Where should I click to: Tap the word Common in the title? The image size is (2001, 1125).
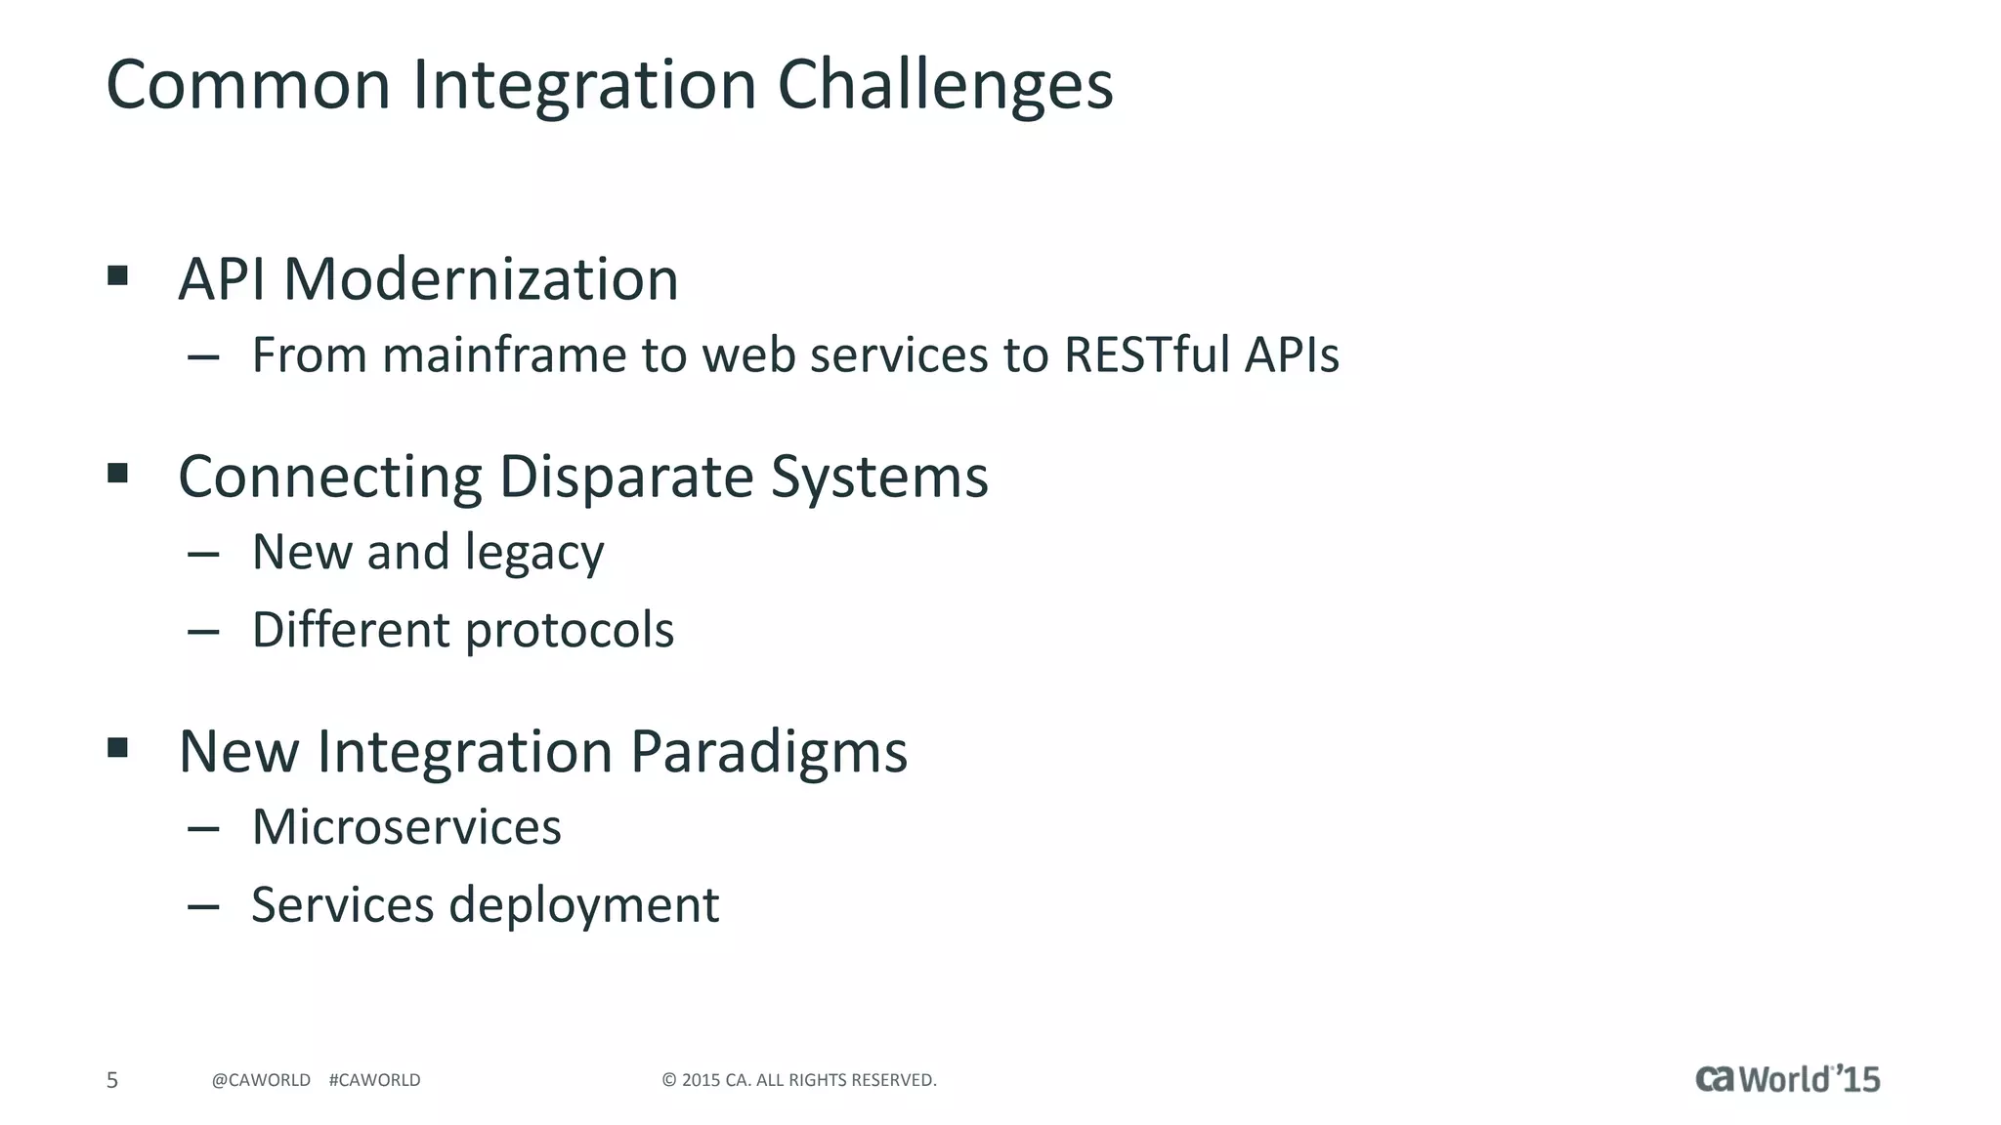tap(248, 86)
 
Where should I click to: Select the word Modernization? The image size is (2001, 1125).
tap(480, 280)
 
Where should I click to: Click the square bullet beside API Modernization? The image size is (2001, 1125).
tap(118, 275)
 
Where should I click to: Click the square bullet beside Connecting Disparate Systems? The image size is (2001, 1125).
tap(118, 474)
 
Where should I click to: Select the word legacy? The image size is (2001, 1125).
tap(533, 554)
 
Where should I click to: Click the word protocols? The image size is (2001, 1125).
tap(569, 631)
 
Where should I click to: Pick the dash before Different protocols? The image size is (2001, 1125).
tap(203, 632)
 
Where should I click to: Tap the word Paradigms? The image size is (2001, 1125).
tap(768, 752)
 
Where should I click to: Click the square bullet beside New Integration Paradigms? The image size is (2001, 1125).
tap(118, 748)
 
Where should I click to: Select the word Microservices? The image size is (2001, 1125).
tap(406, 827)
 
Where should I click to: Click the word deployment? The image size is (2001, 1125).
tap(583, 905)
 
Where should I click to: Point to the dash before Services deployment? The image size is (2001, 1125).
tap(203, 907)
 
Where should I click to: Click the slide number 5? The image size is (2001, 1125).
tap(112, 1080)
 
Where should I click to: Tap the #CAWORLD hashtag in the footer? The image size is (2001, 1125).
tap(374, 1080)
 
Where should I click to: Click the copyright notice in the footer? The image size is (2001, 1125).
tap(798, 1080)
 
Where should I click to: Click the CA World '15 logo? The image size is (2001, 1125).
tap(1787, 1078)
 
